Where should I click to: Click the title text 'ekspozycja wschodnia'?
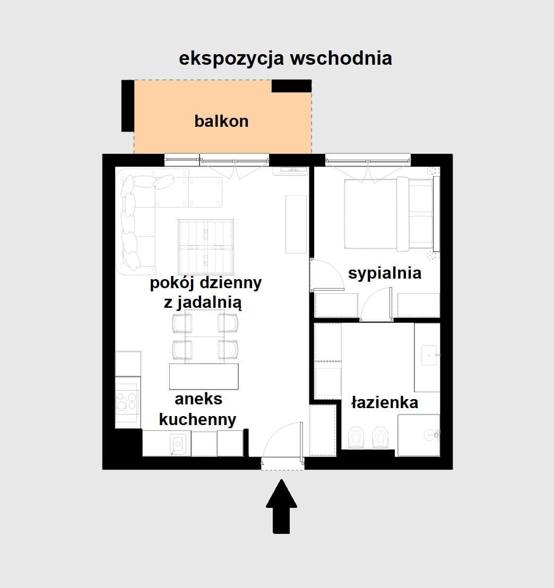(285, 58)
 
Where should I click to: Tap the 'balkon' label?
(221, 121)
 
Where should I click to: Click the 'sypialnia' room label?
(385, 273)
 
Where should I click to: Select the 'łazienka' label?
(385, 403)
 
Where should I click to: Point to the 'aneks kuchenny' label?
(197, 409)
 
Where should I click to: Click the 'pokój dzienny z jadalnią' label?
(205, 292)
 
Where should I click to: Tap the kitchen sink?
(177, 444)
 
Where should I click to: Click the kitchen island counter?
(204, 377)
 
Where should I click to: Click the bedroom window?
(368, 159)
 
